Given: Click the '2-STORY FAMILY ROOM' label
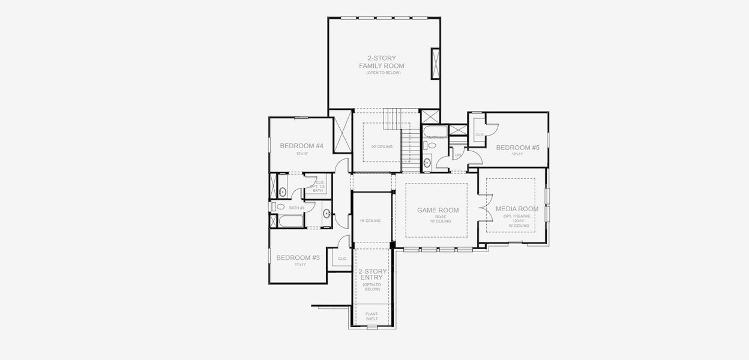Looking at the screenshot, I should pos(381,62).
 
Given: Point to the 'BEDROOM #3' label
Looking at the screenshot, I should pos(298,257).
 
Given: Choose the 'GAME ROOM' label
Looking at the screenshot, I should pos(438,210).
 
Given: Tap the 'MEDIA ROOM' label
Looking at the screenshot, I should pos(516,209).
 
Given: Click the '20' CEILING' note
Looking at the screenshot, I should pos(382,147).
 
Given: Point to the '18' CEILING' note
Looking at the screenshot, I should pos(370,221).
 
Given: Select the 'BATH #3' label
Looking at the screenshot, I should pos(296,208).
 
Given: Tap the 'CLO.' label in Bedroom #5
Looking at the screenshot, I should pos(480,135).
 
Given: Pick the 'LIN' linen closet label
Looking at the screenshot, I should pos(458,155).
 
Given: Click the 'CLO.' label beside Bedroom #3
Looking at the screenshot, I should pos(342,259).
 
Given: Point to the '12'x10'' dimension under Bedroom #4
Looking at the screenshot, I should pos(301,154).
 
